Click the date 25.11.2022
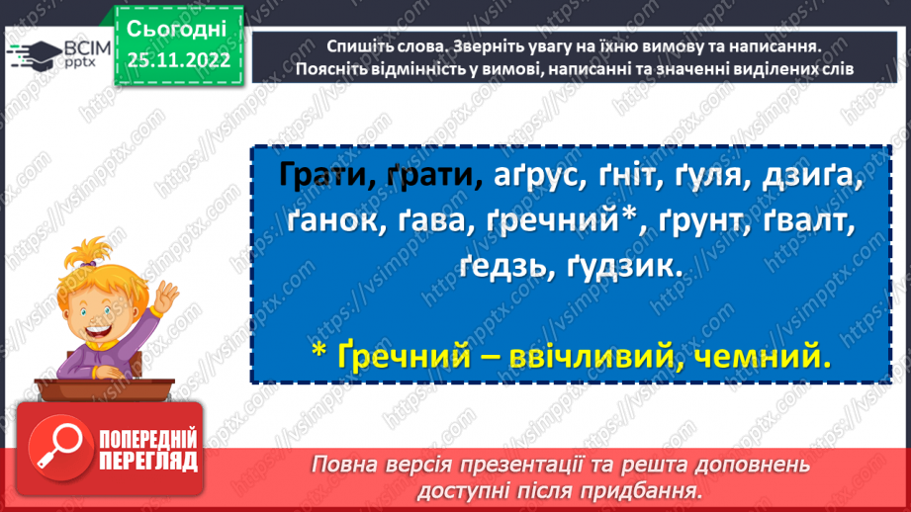point(178,60)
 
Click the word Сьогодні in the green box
point(178,27)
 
